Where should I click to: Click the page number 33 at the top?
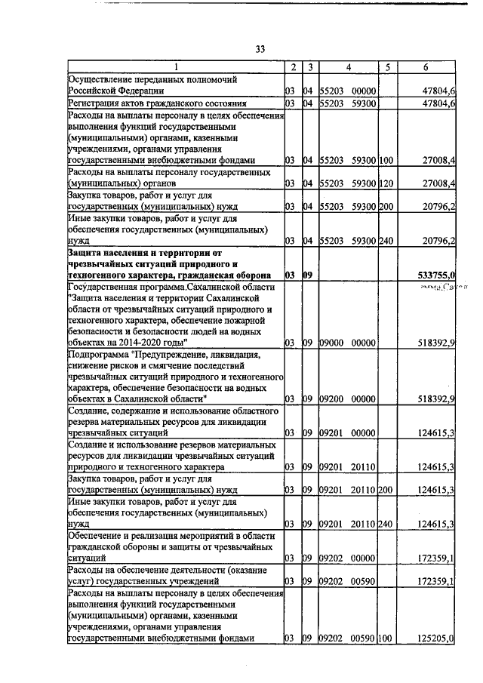click(x=259, y=49)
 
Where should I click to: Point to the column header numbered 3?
click(x=310, y=67)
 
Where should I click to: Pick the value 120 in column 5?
click(x=386, y=183)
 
